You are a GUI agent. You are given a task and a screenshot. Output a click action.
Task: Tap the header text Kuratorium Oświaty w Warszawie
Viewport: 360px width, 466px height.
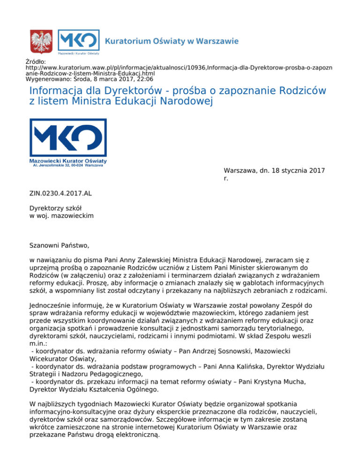pyautogui.click(x=172, y=41)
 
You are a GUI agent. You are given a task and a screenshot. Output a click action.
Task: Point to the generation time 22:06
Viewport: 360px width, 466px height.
pyautogui.click(x=144, y=79)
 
